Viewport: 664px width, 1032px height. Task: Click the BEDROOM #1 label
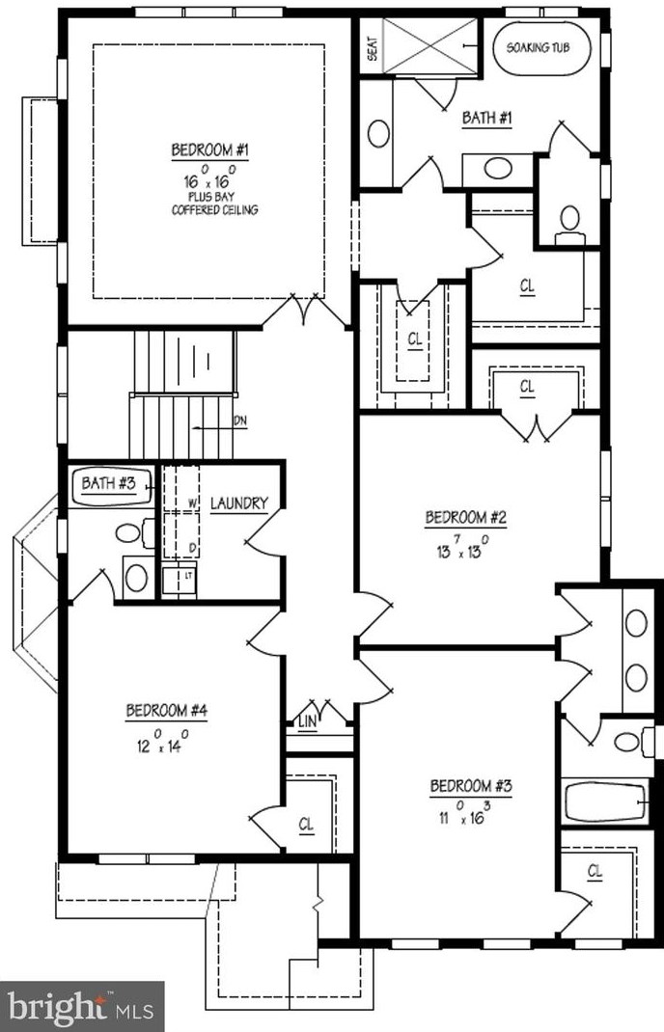tap(210, 150)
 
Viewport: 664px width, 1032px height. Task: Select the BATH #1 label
tap(486, 119)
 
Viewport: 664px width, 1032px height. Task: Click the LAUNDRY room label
tap(238, 502)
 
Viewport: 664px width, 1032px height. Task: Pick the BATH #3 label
tap(107, 483)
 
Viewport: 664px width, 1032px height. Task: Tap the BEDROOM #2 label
tap(466, 518)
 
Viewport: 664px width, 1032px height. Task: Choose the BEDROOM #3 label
tap(470, 785)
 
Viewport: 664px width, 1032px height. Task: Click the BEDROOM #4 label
tap(167, 711)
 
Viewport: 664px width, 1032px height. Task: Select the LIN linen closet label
tap(308, 721)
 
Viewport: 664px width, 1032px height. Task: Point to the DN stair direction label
tap(240, 421)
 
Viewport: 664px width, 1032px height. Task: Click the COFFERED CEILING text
tap(214, 209)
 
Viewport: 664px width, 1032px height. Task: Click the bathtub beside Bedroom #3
tap(605, 800)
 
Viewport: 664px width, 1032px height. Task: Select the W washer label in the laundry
tap(192, 503)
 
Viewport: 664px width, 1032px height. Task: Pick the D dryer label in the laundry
tap(192, 548)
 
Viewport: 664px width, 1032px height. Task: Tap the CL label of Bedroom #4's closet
tap(307, 824)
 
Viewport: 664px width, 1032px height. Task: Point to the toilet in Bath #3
tap(132, 532)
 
